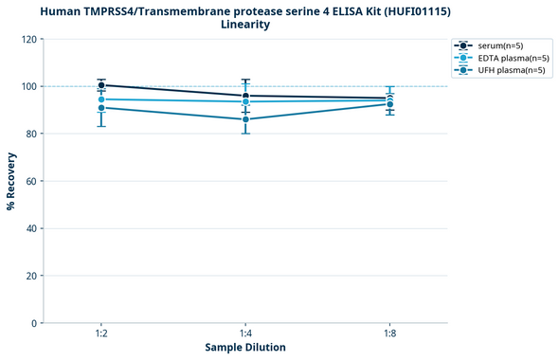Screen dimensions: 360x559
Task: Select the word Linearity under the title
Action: click(x=245, y=25)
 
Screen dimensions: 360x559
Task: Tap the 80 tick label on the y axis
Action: click(x=31, y=134)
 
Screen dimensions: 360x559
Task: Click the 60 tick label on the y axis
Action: click(x=31, y=181)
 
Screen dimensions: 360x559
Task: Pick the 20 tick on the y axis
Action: click(x=31, y=276)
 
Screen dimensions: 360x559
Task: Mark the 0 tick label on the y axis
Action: click(x=34, y=323)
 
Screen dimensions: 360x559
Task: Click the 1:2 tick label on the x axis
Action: click(x=101, y=334)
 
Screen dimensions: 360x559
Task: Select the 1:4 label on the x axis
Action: click(x=245, y=334)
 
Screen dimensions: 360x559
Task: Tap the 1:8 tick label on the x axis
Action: click(x=389, y=334)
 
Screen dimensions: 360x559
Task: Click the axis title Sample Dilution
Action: click(x=245, y=348)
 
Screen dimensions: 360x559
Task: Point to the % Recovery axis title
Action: click(x=10, y=181)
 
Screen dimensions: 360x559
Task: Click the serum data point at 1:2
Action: click(x=101, y=85)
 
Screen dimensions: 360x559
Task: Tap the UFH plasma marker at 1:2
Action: click(x=101, y=108)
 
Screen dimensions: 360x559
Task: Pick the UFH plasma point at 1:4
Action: click(x=245, y=119)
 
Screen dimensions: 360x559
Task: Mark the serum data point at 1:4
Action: click(x=245, y=96)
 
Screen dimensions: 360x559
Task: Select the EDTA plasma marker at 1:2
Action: click(x=101, y=99)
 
